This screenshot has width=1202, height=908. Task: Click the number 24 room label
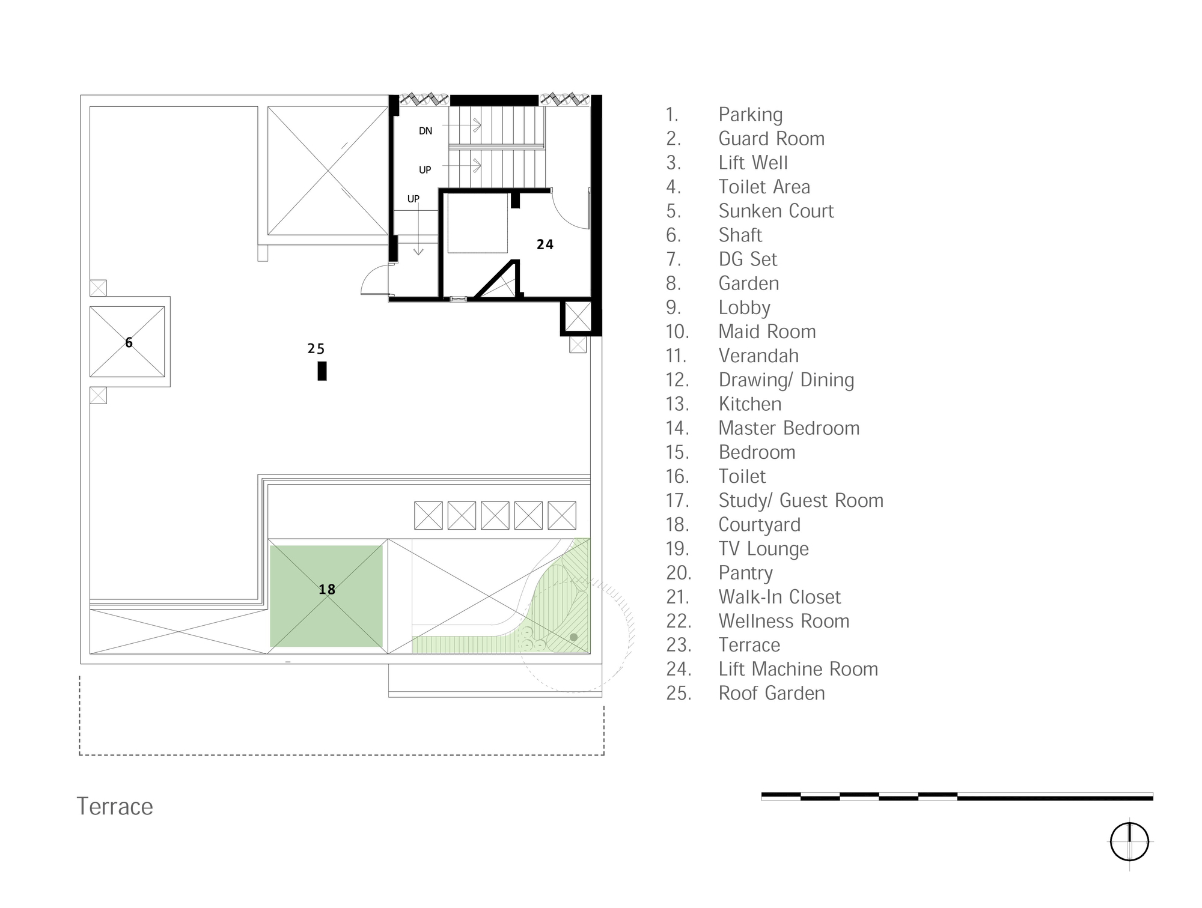pyautogui.click(x=545, y=244)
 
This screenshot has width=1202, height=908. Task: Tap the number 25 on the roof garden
pyautogui.click(x=316, y=349)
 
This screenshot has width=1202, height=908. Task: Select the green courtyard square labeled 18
pyautogui.click(x=326, y=596)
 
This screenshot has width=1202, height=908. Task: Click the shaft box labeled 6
pyautogui.click(x=127, y=342)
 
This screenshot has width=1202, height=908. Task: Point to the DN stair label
pyautogui.click(x=426, y=131)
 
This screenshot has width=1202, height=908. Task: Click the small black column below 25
pyautogui.click(x=322, y=371)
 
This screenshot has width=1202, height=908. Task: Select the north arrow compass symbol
pyautogui.click(x=1129, y=842)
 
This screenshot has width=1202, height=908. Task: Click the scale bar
pyautogui.click(x=957, y=796)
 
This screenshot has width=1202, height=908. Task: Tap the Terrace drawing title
pyautogui.click(x=115, y=807)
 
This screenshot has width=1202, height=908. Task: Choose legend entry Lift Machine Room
pyautogui.click(x=798, y=669)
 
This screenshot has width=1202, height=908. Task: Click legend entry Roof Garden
pyautogui.click(x=771, y=693)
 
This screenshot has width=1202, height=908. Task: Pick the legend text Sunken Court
pyautogui.click(x=776, y=211)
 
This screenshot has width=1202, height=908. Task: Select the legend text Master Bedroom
pyautogui.click(x=789, y=428)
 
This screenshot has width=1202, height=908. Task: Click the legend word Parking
pyautogui.click(x=750, y=114)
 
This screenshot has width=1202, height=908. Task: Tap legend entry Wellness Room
pyautogui.click(x=784, y=621)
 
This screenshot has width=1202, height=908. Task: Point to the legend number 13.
pyautogui.click(x=677, y=404)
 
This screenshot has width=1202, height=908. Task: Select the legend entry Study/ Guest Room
pyautogui.click(x=801, y=500)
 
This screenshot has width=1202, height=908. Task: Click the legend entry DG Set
pyautogui.click(x=748, y=259)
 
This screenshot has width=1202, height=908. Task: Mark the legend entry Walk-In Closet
pyautogui.click(x=779, y=597)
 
